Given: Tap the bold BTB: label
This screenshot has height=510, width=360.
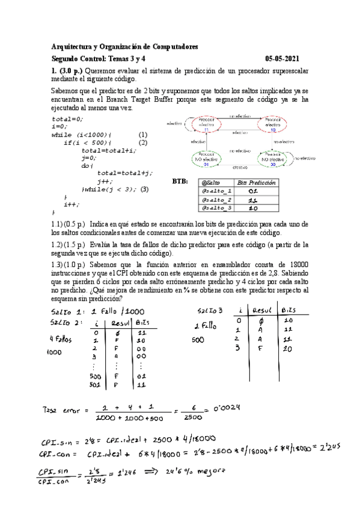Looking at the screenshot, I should point(180,181).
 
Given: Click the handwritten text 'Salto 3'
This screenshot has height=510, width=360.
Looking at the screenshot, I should point(210,310).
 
